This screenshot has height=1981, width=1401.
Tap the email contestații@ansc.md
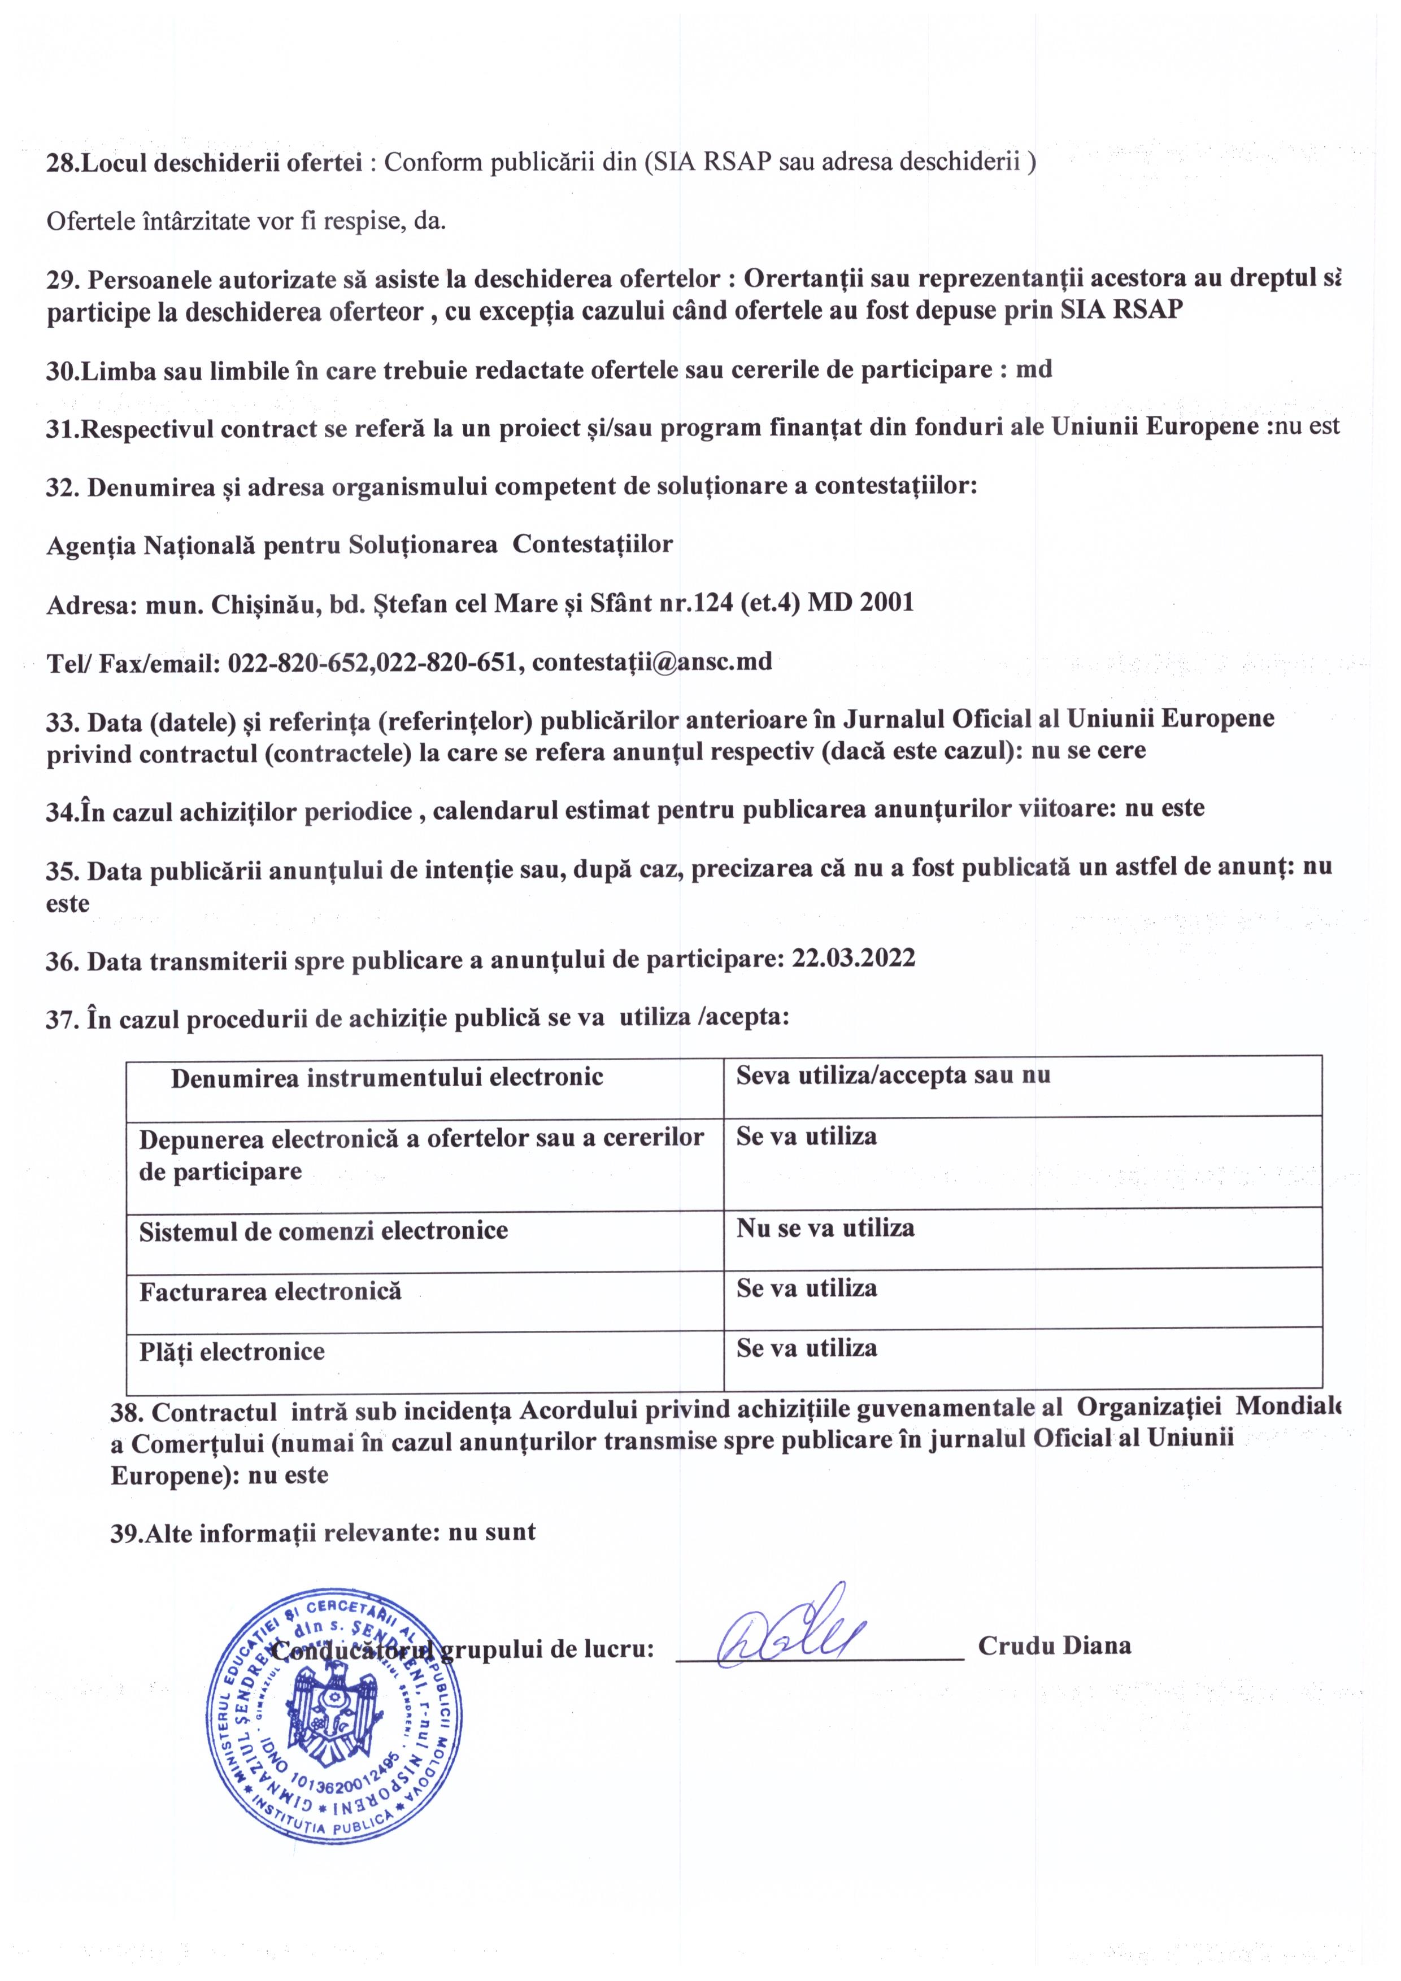[x=652, y=662]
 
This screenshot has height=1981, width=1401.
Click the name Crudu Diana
[x=1054, y=1645]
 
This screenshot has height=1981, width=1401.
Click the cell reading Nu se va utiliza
[x=825, y=1228]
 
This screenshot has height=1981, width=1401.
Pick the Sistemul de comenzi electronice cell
[x=324, y=1230]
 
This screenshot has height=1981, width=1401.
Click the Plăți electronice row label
[x=232, y=1351]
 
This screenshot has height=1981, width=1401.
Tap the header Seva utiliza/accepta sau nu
[x=893, y=1075]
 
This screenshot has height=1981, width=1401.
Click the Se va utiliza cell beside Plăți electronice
[x=807, y=1348]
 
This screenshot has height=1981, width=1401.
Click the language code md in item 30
[x=1034, y=370]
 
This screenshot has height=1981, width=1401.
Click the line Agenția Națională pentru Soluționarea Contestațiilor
[x=359, y=545]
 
